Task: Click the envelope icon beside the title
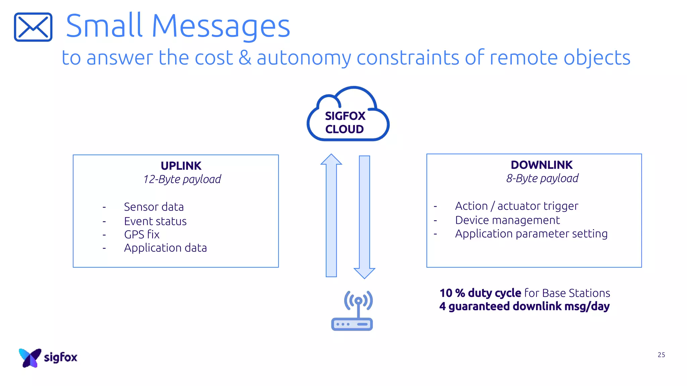tap(33, 27)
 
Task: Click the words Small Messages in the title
tap(178, 26)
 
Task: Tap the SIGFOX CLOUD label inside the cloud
tap(345, 123)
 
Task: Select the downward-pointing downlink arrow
tap(364, 216)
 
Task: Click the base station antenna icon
tap(352, 311)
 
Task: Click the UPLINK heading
tap(181, 166)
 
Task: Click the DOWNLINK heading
tap(541, 165)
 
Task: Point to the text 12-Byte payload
tap(182, 179)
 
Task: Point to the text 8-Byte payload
tap(542, 178)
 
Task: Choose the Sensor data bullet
tap(154, 207)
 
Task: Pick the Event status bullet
tap(155, 221)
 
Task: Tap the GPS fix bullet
tap(142, 235)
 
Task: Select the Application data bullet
tap(165, 248)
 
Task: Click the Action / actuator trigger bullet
tap(516, 206)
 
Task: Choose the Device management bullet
tap(507, 220)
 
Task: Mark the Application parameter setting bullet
tap(531, 234)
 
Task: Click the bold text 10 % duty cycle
tap(480, 293)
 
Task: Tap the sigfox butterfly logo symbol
tap(30, 358)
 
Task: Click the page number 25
tap(661, 355)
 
